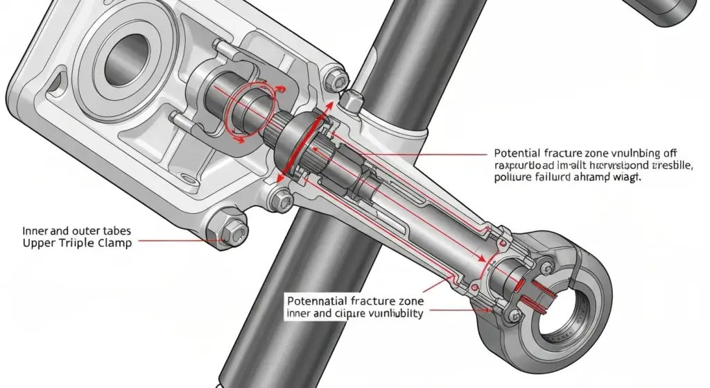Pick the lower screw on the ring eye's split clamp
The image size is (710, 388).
pyautogui.click(x=514, y=316)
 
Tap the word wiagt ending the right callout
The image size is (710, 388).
pyautogui.click(x=627, y=177)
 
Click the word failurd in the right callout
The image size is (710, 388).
pyautogui.click(x=548, y=177)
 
